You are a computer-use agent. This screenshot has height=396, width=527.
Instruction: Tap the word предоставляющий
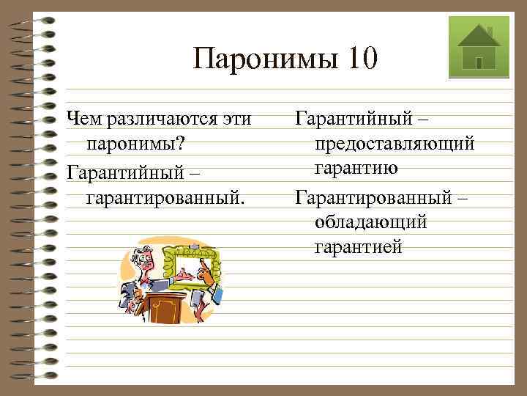395,143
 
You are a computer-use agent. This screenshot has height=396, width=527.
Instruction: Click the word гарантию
356,169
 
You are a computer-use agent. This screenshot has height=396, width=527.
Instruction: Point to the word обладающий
371,221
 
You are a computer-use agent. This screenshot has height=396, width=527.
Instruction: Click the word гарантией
358,247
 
